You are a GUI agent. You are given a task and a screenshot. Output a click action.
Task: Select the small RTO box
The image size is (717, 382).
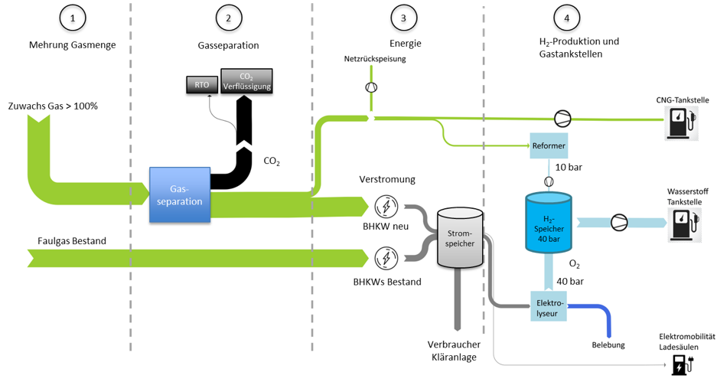pyautogui.click(x=202, y=85)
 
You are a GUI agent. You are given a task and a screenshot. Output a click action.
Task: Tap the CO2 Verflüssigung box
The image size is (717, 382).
pyautogui.click(x=246, y=80)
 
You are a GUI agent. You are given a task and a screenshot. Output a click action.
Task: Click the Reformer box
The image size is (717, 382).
pyautogui.click(x=548, y=145)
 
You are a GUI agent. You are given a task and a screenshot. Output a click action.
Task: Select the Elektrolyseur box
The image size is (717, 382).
pyautogui.click(x=549, y=307)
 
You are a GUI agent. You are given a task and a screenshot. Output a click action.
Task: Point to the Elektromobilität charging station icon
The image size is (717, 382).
pyautogui.click(x=679, y=365)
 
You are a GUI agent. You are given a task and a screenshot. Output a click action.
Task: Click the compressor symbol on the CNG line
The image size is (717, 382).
pyautogui.click(x=562, y=118)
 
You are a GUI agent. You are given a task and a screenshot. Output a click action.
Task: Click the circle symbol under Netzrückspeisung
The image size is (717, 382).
pyautogui.click(x=370, y=87)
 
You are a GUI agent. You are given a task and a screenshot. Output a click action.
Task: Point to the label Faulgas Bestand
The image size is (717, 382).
pyautogui.click(x=72, y=241)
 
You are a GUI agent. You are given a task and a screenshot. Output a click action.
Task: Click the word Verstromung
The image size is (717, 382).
pyautogui.click(x=387, y=179)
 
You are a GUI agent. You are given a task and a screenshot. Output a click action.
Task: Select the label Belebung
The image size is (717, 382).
pyautogui.click(x=609, y=344)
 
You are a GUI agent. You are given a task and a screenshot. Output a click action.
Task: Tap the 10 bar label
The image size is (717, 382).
pyautogui.click(x=568, y=167)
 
